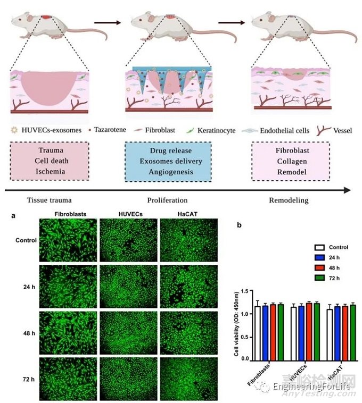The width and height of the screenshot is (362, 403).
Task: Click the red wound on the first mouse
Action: pyautogui.click(x=46, y=17)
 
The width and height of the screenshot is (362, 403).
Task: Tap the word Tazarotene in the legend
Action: pyautogui.click(x=110, y=130)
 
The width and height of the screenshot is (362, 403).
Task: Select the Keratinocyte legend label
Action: pyautogui.click(x=216, y=130)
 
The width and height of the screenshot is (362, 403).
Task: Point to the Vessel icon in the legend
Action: pyautogui.click(x=324, y=130)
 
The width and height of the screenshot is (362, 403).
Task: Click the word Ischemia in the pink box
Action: pyautogui.click(x=51, y=171)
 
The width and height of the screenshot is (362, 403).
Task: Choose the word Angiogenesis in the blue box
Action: pyautogui.click(x=171, y=172)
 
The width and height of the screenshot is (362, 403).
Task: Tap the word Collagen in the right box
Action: pyautogui.click(x=292, y=162)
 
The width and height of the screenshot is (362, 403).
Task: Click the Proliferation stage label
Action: pyautogui.click(x=167, y=200)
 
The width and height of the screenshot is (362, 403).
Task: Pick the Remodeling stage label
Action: pyautogui.click(x=289, y=200)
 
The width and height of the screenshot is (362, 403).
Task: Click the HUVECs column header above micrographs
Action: pyautogui.click(x=130, y=214)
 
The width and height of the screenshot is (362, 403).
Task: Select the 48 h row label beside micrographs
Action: pyautogui.click(x=29, y=333)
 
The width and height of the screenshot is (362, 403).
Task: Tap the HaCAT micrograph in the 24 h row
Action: pyautogui.click(x=188, y=287)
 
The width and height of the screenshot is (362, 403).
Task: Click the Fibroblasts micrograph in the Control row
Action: pyautogui.click(x=68, y=240)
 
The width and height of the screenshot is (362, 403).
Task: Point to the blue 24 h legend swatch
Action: pyautogui.click(x=319, y=257)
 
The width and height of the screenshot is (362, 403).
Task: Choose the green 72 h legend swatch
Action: pyautogui.click(x=319, y=278)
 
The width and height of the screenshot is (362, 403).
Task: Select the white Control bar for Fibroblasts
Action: pyautogui.click(x=257, y=333)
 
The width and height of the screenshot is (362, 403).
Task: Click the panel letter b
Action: pyautogui.click(x=239, y=225)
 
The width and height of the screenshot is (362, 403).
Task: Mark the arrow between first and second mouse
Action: pyautogui.click(x=108, y=23)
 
